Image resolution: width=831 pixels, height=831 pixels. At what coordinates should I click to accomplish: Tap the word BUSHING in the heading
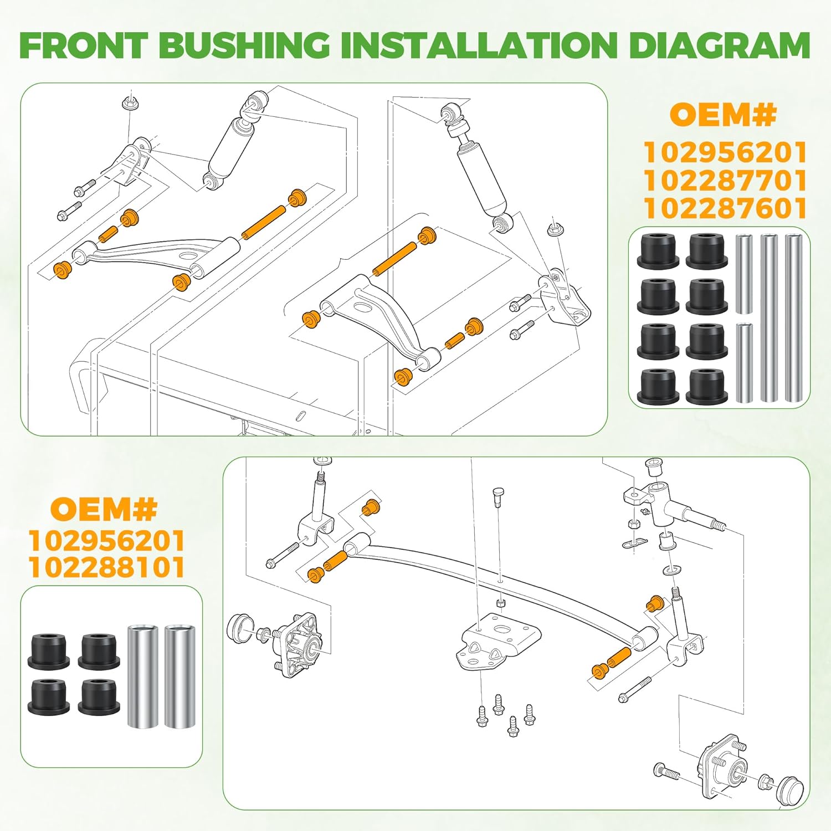point(244,45)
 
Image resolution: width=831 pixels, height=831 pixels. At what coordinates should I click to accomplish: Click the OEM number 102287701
point(725,181)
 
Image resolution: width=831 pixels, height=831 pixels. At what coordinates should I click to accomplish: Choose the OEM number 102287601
point(725,209)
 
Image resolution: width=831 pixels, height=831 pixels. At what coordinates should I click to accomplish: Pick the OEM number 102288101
point(106,568)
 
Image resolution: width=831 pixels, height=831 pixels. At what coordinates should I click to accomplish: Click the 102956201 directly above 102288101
point(106,541)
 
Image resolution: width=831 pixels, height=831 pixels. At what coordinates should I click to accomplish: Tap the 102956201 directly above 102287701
point(725,152)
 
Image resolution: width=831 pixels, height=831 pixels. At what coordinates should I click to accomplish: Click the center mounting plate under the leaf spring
point(496,642)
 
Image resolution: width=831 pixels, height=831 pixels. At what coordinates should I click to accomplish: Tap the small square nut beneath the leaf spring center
point(500,603)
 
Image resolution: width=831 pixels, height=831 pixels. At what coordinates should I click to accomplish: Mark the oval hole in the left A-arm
point(187,256)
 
